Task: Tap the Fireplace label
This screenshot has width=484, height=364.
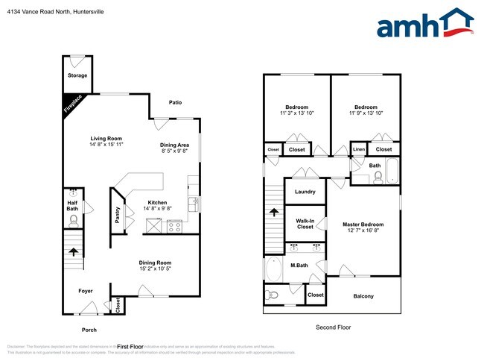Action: [73, 104]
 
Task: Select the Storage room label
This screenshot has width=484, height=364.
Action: [77, 75]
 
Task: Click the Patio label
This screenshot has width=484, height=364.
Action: [175, 102]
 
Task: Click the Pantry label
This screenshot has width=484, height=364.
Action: [117, 214]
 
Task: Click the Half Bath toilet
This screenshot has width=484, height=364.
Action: [73, 219]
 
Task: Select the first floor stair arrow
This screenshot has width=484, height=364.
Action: [73, 251]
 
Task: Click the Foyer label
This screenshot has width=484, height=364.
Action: [86, 291]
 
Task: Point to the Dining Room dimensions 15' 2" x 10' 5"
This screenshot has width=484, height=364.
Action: [155, 269]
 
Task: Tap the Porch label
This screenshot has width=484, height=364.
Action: [89, 329]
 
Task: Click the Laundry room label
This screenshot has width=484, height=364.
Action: [305, 192]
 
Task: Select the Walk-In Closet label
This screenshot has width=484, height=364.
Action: [305, 224]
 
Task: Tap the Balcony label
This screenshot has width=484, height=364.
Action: [363, 296]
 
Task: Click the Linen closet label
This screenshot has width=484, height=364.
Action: [359, 150]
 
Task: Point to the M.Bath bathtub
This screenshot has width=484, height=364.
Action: [273, 269]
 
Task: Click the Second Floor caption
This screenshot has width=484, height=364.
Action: [333, 327]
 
